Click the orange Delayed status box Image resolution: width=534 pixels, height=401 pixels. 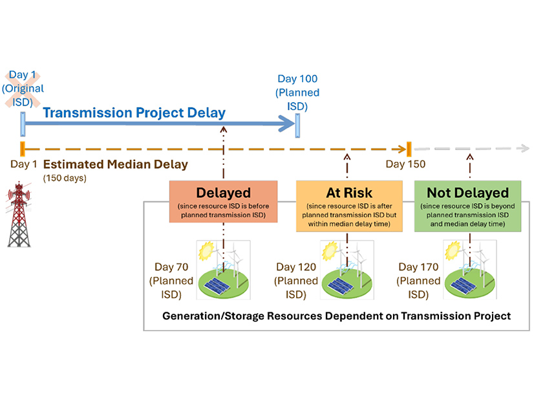point(224,202)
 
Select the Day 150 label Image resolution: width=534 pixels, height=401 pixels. point(405,164)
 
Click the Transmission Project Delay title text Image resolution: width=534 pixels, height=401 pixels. point(134,113)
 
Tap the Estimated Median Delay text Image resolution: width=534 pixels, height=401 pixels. point(116,164)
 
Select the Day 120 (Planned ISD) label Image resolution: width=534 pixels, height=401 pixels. point(296,281)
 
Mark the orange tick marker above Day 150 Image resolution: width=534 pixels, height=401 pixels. point(409,148)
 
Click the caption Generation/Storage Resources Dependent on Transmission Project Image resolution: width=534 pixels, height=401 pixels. point(336,316)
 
